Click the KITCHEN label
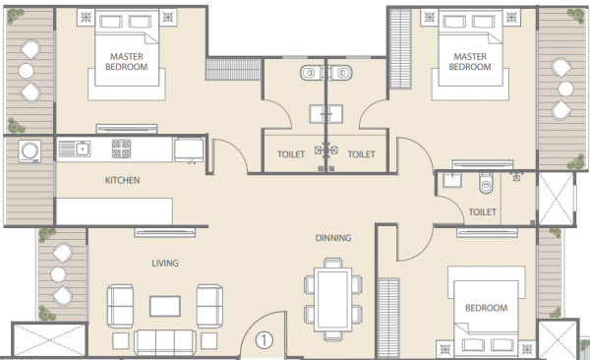[x=122, y=181]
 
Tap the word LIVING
[x=163, y=263]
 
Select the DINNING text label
[x=333, y=238]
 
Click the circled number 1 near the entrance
[x=264, y=341]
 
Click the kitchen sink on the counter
[x=74, y=150]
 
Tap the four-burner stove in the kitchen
[x=122, y=150]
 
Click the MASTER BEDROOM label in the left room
[x=128, y=62]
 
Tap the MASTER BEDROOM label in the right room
[x=469, y=62]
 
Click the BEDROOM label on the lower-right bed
[x=487, y=308]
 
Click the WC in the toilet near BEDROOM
[x=485, y=185]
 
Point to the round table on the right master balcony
[x=563, y=86]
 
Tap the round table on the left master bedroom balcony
[x=27, y=71]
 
